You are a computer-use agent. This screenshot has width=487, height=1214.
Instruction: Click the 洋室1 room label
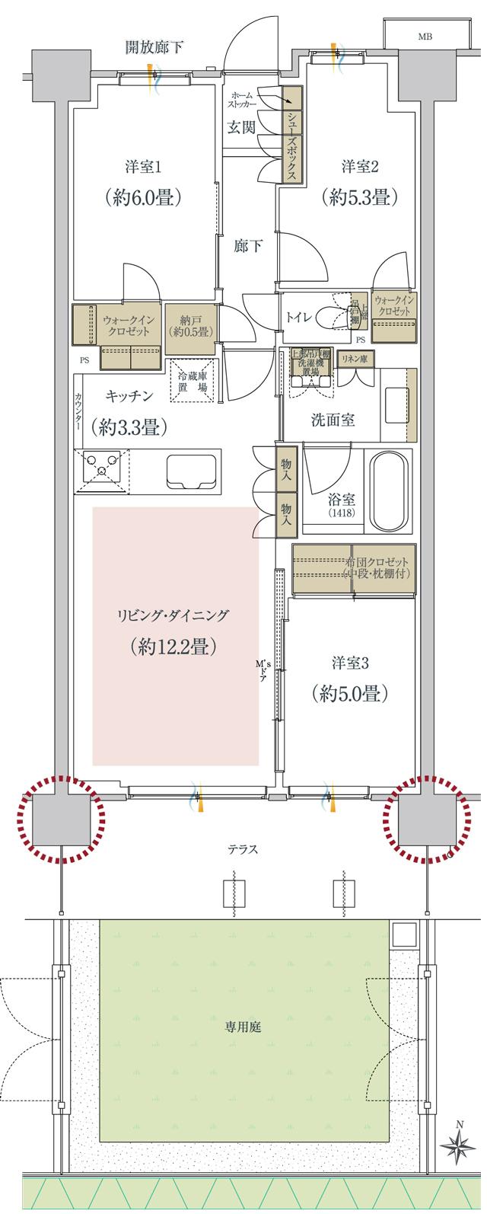(x=143, y=166)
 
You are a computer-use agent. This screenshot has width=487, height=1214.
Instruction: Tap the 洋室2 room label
(x=360, y=166)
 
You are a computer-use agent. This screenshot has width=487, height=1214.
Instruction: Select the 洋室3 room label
(x=350, y=663)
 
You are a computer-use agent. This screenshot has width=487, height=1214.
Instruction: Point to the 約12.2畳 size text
(x=174, y=647)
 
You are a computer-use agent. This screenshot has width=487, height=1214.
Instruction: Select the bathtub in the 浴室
(x=389, y=491)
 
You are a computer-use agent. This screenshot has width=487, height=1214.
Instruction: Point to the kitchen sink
(x=188, y=471)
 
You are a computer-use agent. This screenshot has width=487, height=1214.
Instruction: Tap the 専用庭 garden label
(x=243, y=1027)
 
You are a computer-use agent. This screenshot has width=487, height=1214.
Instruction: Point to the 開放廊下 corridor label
(x=154, y=48)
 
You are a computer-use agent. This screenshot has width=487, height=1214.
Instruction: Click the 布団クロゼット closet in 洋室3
(x=355, y=567)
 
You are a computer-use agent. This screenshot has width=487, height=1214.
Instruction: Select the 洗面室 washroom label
(x=332, y=420)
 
